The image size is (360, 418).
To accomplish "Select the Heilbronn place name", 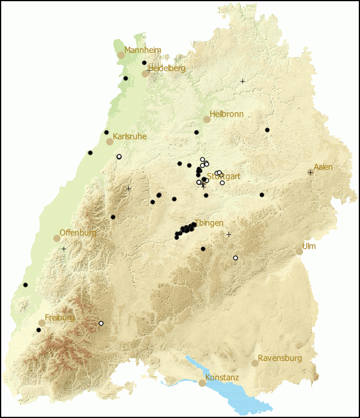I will (226, 114).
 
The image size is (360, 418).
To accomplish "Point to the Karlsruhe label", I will (130, 137).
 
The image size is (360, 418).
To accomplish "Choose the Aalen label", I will (323, 167).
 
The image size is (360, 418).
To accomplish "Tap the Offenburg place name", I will (77, 233).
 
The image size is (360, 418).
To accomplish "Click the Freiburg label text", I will (59, 318).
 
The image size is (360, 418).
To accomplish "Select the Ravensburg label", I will (280, 359).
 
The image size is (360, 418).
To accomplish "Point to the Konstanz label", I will (222, 378).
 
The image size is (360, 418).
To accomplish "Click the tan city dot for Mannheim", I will (121, 55).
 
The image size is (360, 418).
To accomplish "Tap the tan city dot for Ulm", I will (299, 252).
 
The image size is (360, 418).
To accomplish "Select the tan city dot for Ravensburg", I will (255, 363).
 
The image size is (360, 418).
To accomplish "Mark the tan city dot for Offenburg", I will (57, 238).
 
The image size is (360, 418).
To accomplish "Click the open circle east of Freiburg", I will (101, 324).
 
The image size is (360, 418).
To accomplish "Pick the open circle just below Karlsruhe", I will (119, 157).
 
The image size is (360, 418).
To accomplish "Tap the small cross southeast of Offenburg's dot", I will (64, 249).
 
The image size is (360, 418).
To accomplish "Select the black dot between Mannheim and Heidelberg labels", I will (144, 62).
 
